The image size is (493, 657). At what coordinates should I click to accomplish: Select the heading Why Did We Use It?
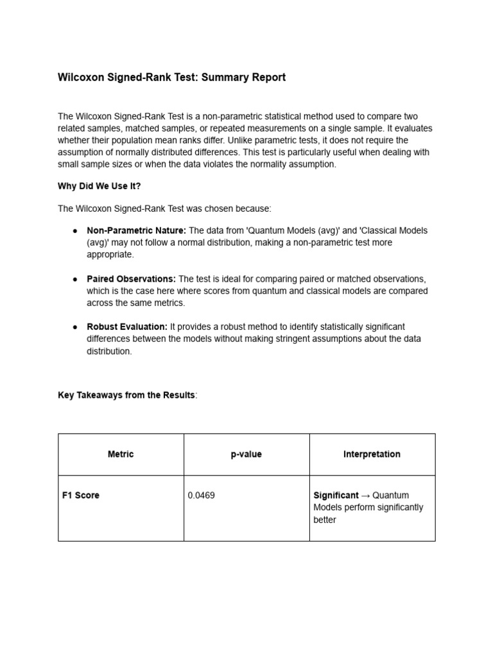point(99,186)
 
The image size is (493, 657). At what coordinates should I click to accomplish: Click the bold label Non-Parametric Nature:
point(137,230)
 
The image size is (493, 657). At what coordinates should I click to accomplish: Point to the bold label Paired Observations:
point(131,278)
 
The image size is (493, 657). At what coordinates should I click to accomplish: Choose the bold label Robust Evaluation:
point(127,327)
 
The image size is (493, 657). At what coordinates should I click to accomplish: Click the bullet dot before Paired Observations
point(75,279)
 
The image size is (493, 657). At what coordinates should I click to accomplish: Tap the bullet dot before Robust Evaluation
point(75,327)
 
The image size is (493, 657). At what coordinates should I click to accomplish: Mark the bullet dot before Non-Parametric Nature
point(75,231)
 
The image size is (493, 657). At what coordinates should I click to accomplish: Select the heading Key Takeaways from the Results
point(126,395)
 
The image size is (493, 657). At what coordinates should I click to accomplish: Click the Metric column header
point(121,454)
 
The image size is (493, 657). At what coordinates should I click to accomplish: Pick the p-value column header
point(246,454)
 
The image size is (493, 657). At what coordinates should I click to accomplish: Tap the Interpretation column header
point(372,454)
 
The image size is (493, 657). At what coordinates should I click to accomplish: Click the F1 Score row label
point(81,495)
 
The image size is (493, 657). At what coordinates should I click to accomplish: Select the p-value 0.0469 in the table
point(202,495)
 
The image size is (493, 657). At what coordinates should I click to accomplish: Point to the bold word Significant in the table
point(336,495)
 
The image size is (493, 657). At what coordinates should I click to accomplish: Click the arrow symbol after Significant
point(365,495)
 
